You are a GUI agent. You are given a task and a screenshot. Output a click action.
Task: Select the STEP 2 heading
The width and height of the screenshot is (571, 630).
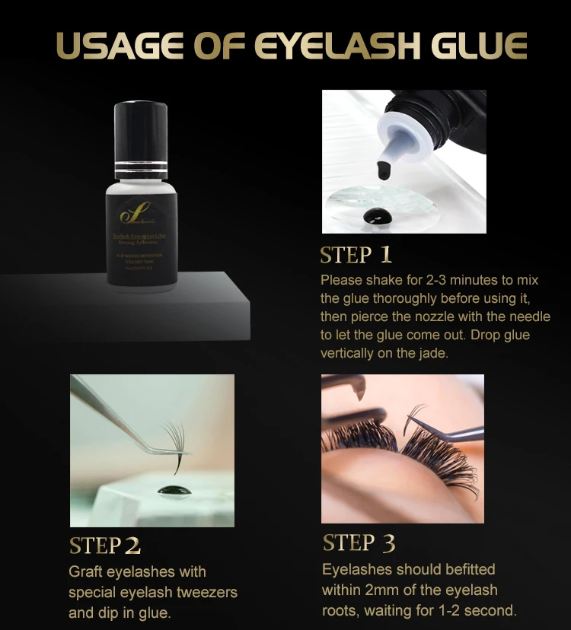point(105,546)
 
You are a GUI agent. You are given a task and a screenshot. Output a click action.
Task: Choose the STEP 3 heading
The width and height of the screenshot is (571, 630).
point(359,542)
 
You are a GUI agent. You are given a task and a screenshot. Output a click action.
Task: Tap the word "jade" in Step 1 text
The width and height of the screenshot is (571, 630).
point(435,353)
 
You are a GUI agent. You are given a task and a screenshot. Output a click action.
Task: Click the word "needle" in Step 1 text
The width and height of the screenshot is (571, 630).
point(530,317)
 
